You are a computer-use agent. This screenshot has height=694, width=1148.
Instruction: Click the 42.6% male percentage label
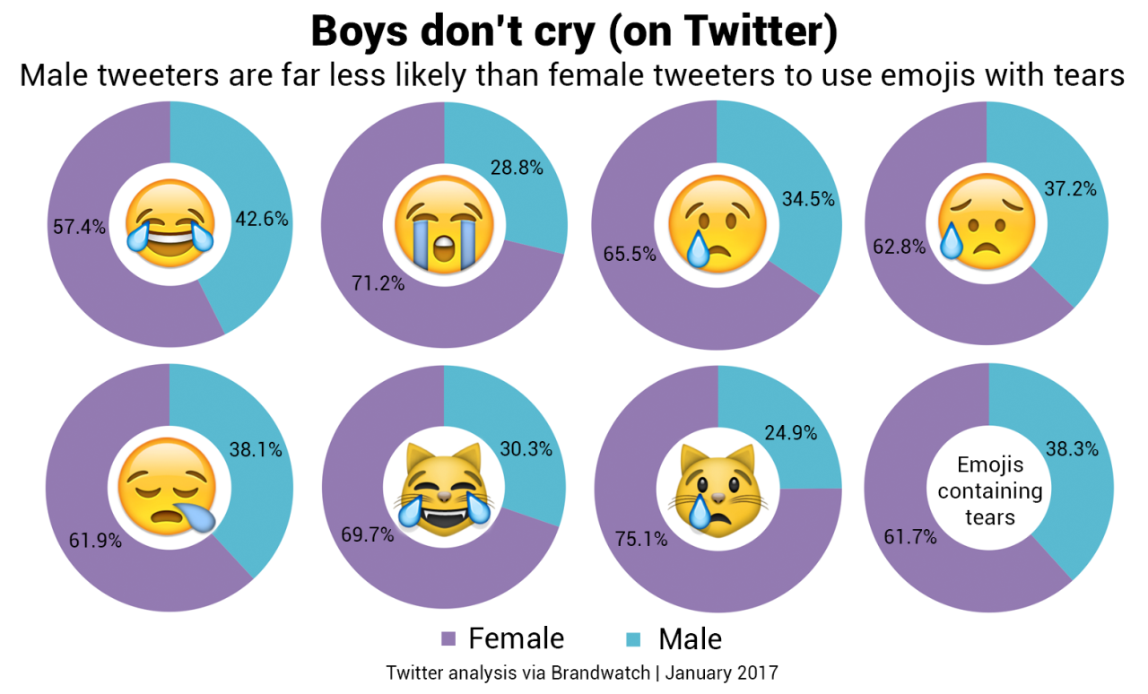pyautogui.click(x=261, y=220)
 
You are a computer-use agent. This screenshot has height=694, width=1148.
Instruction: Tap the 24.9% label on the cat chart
pyautogui.click(x=790, y=433)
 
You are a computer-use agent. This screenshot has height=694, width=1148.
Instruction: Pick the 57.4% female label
pyautogui.click(x=79, y=227)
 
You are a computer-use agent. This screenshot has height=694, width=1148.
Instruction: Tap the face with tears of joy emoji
pyautogui.click(x=170, y=223)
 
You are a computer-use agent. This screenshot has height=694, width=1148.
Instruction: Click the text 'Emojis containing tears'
pyautogui.click(x=989, y=490)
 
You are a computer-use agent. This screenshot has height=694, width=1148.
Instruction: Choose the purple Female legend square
pyautogui.click(x=448, y=638)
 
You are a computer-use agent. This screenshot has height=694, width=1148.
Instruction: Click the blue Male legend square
pyautogui.click(x=633, y=638)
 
